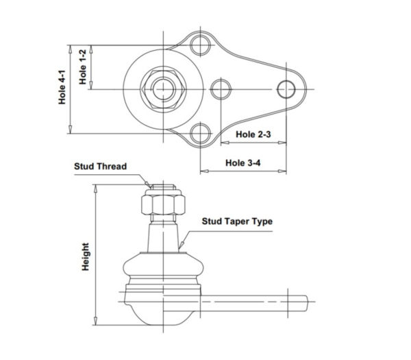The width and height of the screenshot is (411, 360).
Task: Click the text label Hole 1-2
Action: pyautogui.click(x=83, y=67)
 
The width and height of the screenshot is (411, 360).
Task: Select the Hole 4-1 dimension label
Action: pyautogui.click(x=62, y=87)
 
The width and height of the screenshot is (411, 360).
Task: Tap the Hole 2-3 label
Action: pyautogui.click(x=253, y=134)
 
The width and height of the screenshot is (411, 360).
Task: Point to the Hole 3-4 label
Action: pyautogui.click(x=243, y=163)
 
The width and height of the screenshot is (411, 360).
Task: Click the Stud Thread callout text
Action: pyautogui.click(x=101, y=167)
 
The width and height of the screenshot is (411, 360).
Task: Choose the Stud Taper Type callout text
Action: pyautogui.click(x=237, y=221)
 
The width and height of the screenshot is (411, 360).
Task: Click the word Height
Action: pyautogui.click(x=86, y=256)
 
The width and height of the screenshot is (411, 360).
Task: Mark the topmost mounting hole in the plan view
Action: pyautogui.click(x=200, y=45)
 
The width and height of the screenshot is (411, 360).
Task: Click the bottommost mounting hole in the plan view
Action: pyautogui.click(x=200, y=133)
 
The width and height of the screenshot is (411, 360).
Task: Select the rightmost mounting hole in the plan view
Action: pyautogui.click(x=286, y=89)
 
